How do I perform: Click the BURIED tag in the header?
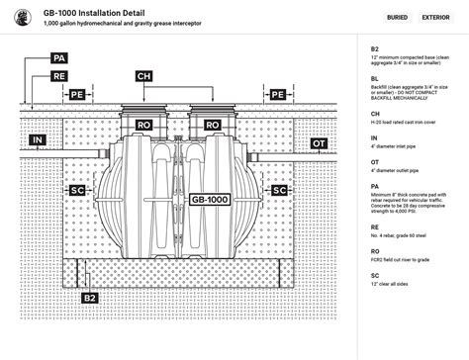(397, 17)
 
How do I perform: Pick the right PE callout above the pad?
(278, 94)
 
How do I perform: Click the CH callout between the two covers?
(143, 75)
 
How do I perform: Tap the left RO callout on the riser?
(144, 126)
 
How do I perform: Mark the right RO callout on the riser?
(212, 126)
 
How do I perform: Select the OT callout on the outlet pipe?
(319, 143)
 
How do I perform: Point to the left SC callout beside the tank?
(77, 189)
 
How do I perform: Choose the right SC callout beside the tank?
(279, 189)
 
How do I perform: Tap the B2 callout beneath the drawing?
(90, 298)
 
